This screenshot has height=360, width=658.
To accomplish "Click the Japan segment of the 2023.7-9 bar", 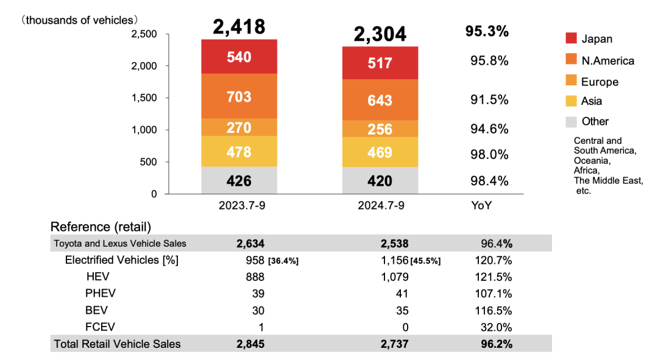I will click(x=239, y=57).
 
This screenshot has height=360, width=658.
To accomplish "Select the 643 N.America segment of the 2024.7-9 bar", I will click(x=380, y=100).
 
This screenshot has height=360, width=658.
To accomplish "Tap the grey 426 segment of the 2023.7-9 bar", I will click(x=239, y=180).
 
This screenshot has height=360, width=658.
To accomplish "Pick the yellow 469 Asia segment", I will click(x=380, y=152).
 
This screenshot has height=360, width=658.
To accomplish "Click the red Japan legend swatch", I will click(x=571, y=38).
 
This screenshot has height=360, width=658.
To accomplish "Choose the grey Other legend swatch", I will click(x=571, y=121).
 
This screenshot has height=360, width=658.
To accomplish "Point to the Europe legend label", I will click(x=600, y=82).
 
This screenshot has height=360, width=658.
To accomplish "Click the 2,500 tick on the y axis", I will click(x=144, y=34).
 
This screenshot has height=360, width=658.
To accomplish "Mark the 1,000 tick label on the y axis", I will click(x=144, y=130).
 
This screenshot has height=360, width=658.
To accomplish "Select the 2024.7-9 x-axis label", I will click(x=380, y=205).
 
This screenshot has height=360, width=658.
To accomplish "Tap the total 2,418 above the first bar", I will click(x=239, y=27).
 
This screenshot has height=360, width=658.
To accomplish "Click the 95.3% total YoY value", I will click(x=487, y=32).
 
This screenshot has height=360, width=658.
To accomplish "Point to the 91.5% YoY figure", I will click(x=489, y=100).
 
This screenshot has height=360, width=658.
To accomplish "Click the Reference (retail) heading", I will click(x=101, y=227).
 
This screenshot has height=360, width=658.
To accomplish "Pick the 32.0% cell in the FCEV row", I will click(x=497, y=326).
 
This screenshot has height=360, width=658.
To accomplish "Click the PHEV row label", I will click(x=101, y=293).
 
